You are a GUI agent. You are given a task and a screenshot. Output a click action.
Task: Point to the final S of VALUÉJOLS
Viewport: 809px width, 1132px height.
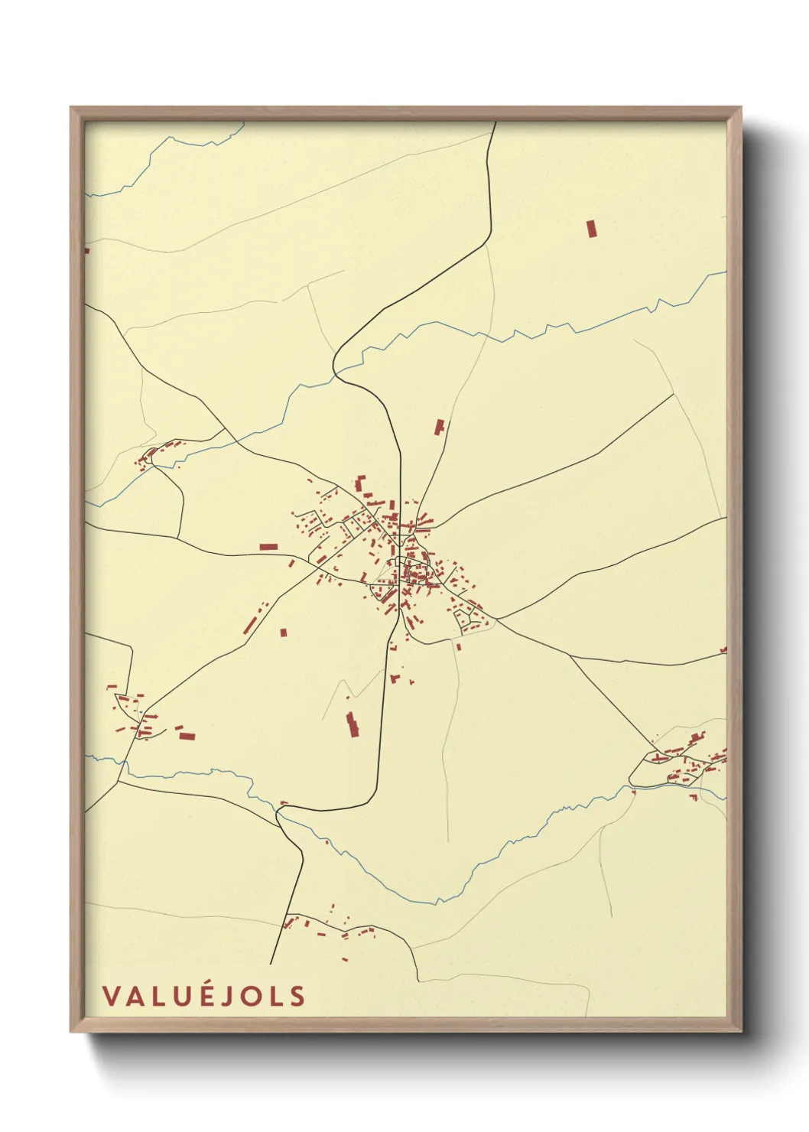297,996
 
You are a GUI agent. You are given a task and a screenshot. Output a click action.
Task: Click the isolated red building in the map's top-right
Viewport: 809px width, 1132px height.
590,229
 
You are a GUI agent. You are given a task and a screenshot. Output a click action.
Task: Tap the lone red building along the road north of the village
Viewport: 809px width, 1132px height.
439,428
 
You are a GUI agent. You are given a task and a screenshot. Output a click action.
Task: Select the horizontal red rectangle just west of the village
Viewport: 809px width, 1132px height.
268,547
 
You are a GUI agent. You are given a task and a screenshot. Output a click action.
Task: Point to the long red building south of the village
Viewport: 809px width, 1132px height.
353,724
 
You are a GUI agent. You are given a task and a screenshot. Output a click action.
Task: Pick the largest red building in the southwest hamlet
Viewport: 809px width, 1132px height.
187,737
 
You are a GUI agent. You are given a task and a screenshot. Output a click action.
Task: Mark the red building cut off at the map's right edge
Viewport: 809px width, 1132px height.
723,651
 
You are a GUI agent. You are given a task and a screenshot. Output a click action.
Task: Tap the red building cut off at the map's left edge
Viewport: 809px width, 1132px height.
86,250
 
